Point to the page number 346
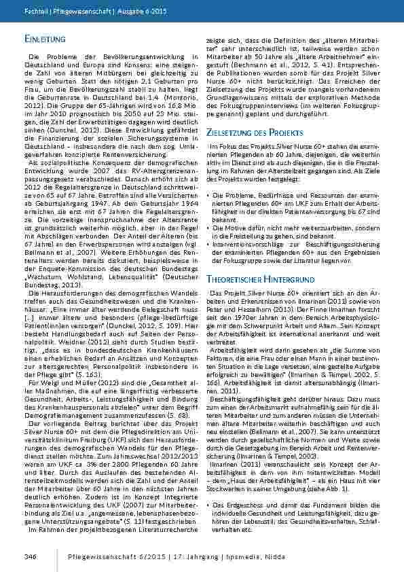tap(29, 556)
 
